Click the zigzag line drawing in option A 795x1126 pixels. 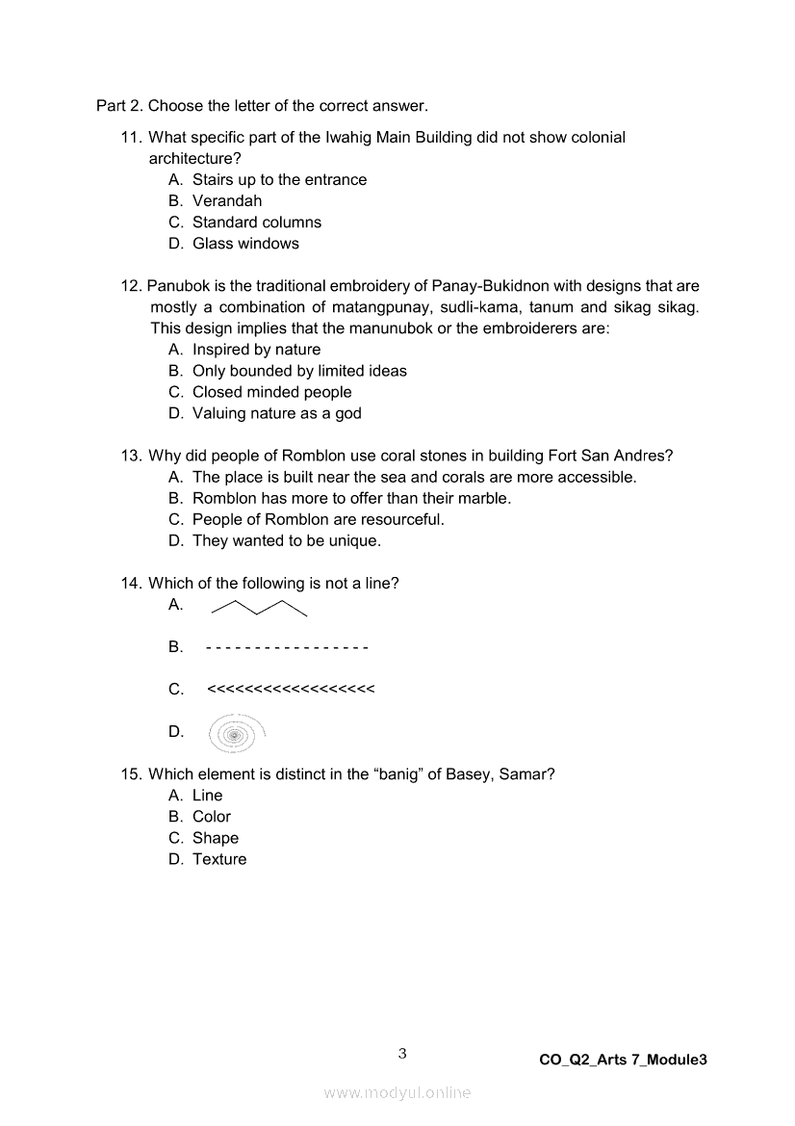tap(259, 607)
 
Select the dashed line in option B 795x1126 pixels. tap(287, 647)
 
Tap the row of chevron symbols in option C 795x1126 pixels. tap(291, 690)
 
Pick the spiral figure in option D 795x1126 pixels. tap(236, 734)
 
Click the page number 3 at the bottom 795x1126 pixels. tap(402, 1054)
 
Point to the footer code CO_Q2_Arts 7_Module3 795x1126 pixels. tap(623, 1060)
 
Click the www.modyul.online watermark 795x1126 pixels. tap(397, 1092)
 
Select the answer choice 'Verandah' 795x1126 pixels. tap(227, 201)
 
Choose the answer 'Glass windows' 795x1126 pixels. tap(245, 244)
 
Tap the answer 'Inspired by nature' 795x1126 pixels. tap(256, 350)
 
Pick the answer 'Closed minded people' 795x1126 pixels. tap(271, 392)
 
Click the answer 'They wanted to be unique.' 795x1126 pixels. tap(287, 540)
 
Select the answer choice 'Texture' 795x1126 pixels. tap(219, 859)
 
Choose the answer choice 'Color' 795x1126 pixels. tap(212, 817)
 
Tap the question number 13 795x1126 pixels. tap(131, 456)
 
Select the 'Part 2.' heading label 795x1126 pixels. tap(119, 106)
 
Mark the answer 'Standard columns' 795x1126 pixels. tap(257, 223)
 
